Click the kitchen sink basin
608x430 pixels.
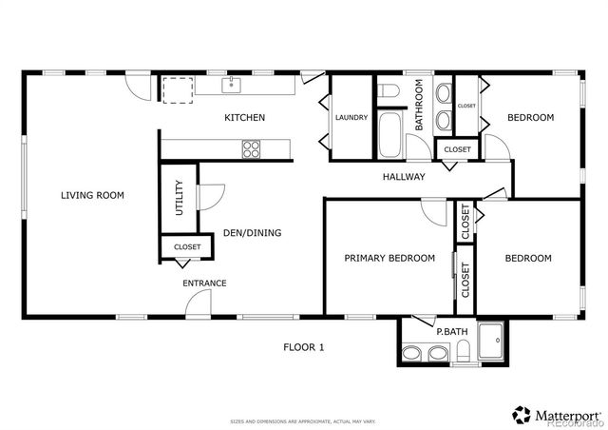(x=230, y=85)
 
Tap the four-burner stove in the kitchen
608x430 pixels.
(x=252, y=148)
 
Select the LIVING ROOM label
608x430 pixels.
(x=92, y=196)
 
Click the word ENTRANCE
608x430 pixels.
(x=204, y=283)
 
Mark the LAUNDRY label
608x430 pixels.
(x=350, y=118)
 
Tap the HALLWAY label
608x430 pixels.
(x=403, y=177)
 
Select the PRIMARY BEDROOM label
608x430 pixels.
(x=389, y=258)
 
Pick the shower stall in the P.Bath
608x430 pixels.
(x=491, y=342)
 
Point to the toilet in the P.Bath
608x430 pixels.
(x=410, y=354)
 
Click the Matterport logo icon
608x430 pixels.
(x=522, y=414)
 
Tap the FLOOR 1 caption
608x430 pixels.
(x=303, y=347)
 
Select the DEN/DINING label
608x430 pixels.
(x=251, y=232)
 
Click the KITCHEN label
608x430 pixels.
(x=244, y=118)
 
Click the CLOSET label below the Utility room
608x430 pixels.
(x=186, y=247)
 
